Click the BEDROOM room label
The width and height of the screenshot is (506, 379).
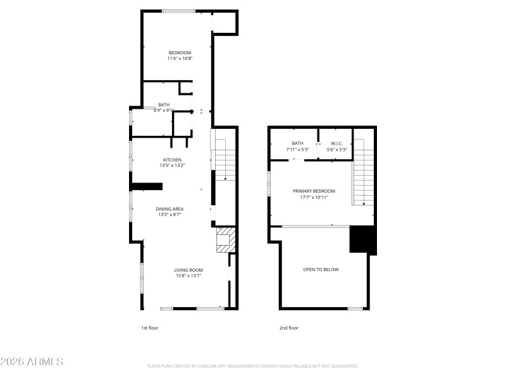click(180, 52)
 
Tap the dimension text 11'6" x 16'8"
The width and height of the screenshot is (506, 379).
click(180, 59)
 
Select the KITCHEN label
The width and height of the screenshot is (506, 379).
click(172, 160)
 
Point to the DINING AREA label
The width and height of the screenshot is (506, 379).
click(170, 208)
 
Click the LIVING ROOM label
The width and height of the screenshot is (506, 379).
click(188, 270)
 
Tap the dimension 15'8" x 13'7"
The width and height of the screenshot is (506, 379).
click(188, 276)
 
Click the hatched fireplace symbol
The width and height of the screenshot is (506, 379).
click(225, 240)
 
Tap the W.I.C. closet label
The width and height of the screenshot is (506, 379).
click(336, 143)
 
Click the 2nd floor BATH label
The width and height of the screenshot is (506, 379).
click(297, 143)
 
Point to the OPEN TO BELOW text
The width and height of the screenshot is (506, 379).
click(321, 270)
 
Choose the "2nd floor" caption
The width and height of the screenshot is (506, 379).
click(288, 328)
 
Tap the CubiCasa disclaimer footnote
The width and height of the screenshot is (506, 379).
click(253, 366)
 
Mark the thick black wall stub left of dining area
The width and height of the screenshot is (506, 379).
click(147, 186)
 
